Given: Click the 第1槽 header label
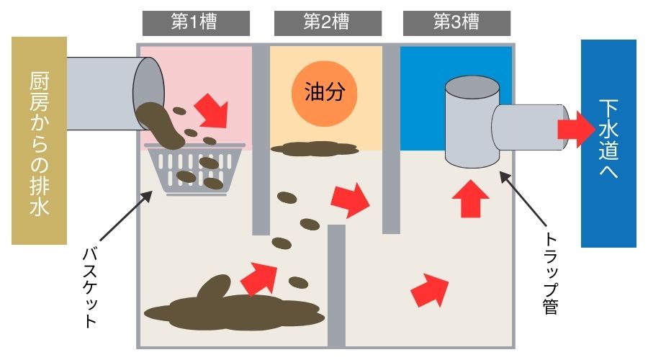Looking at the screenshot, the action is [x=196, y=23].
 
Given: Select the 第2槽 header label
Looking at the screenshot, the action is [x=328, y=23].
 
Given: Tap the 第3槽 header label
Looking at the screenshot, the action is [x=456, y=23].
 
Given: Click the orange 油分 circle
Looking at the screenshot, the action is [x=325, y=94].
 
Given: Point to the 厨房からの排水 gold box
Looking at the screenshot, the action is [x=40, y=140].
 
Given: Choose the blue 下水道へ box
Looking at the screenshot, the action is [x=608, y=143].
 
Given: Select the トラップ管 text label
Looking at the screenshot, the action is [x=551, y=273].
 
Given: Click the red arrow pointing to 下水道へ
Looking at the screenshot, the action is [x=577, y=129].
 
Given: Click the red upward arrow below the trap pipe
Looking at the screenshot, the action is [x=470, y=199].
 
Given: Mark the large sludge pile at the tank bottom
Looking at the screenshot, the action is [x=234, y=308].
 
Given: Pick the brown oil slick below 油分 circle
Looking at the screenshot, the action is [x=315, y=149].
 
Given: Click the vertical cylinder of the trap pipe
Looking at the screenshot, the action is [x=472, y=122].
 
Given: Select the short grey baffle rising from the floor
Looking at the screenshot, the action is [x=336, y=285].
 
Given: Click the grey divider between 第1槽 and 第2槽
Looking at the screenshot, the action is [x=261, y=140].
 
